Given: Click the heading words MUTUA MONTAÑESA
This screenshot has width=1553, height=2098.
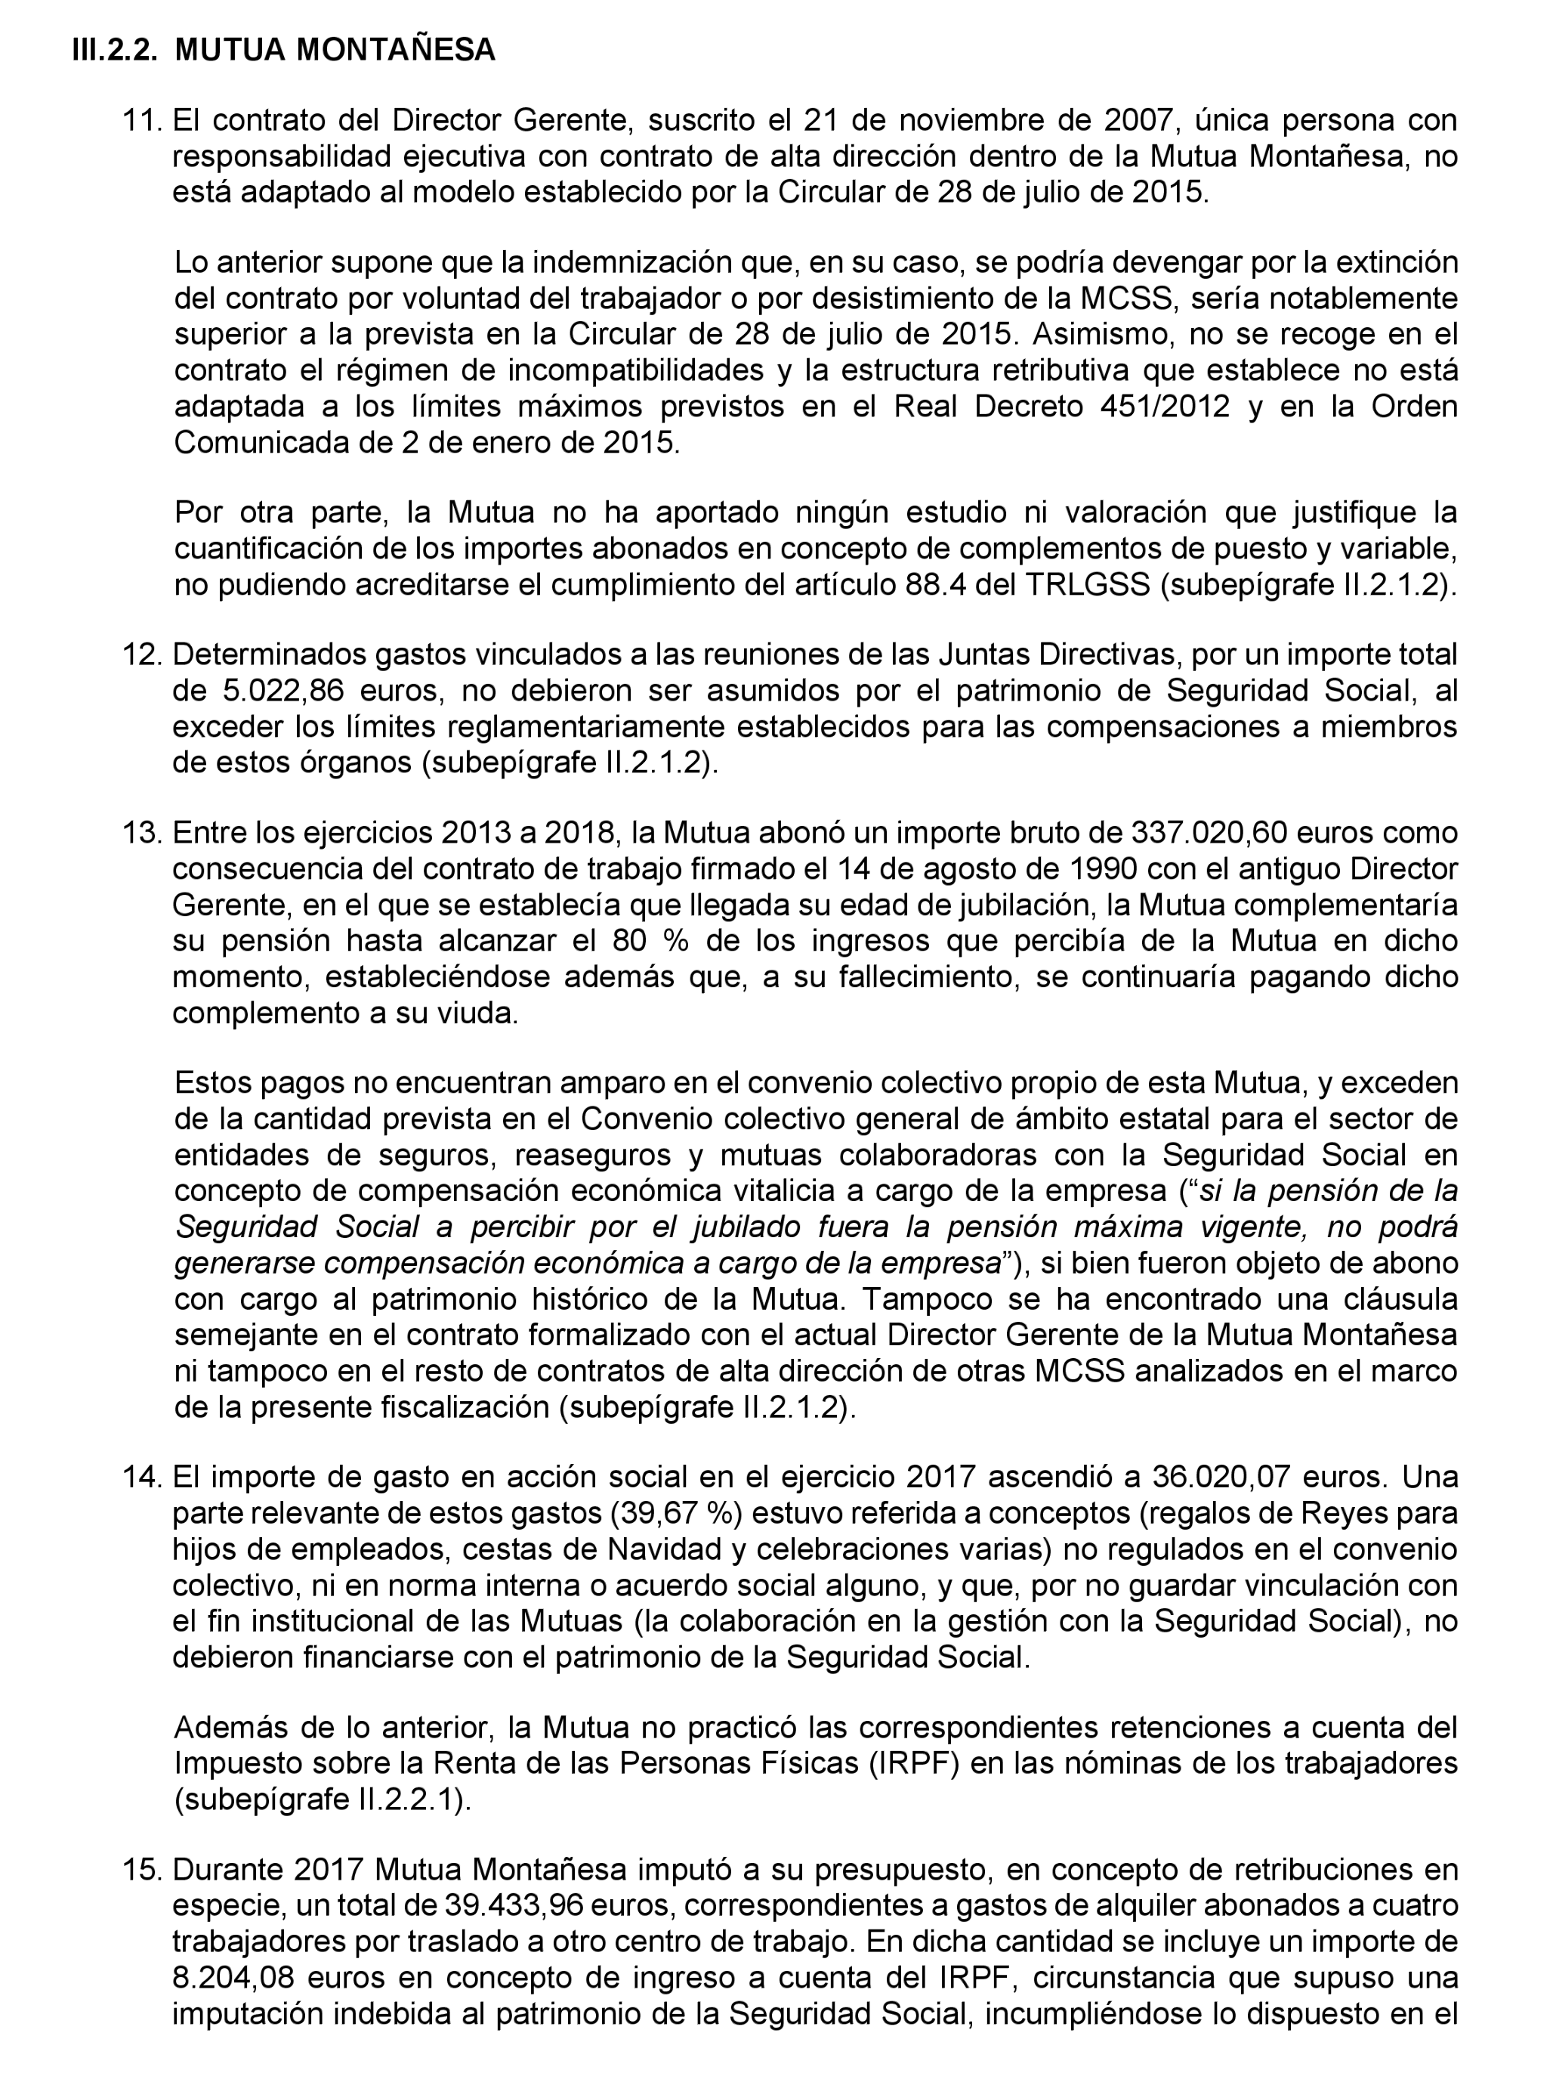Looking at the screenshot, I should [x=335, y=51].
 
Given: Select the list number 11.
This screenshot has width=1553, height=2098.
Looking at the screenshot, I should [x=142, y=120].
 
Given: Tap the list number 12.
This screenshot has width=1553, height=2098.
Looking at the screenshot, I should [x=142, y=654].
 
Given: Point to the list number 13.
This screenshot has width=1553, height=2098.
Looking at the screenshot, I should [x=142, y=832].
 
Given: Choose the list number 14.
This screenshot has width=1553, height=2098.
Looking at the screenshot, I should [x=142, y=1477].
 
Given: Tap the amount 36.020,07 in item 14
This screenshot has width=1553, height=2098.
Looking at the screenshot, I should [x=1223, y=1477].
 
